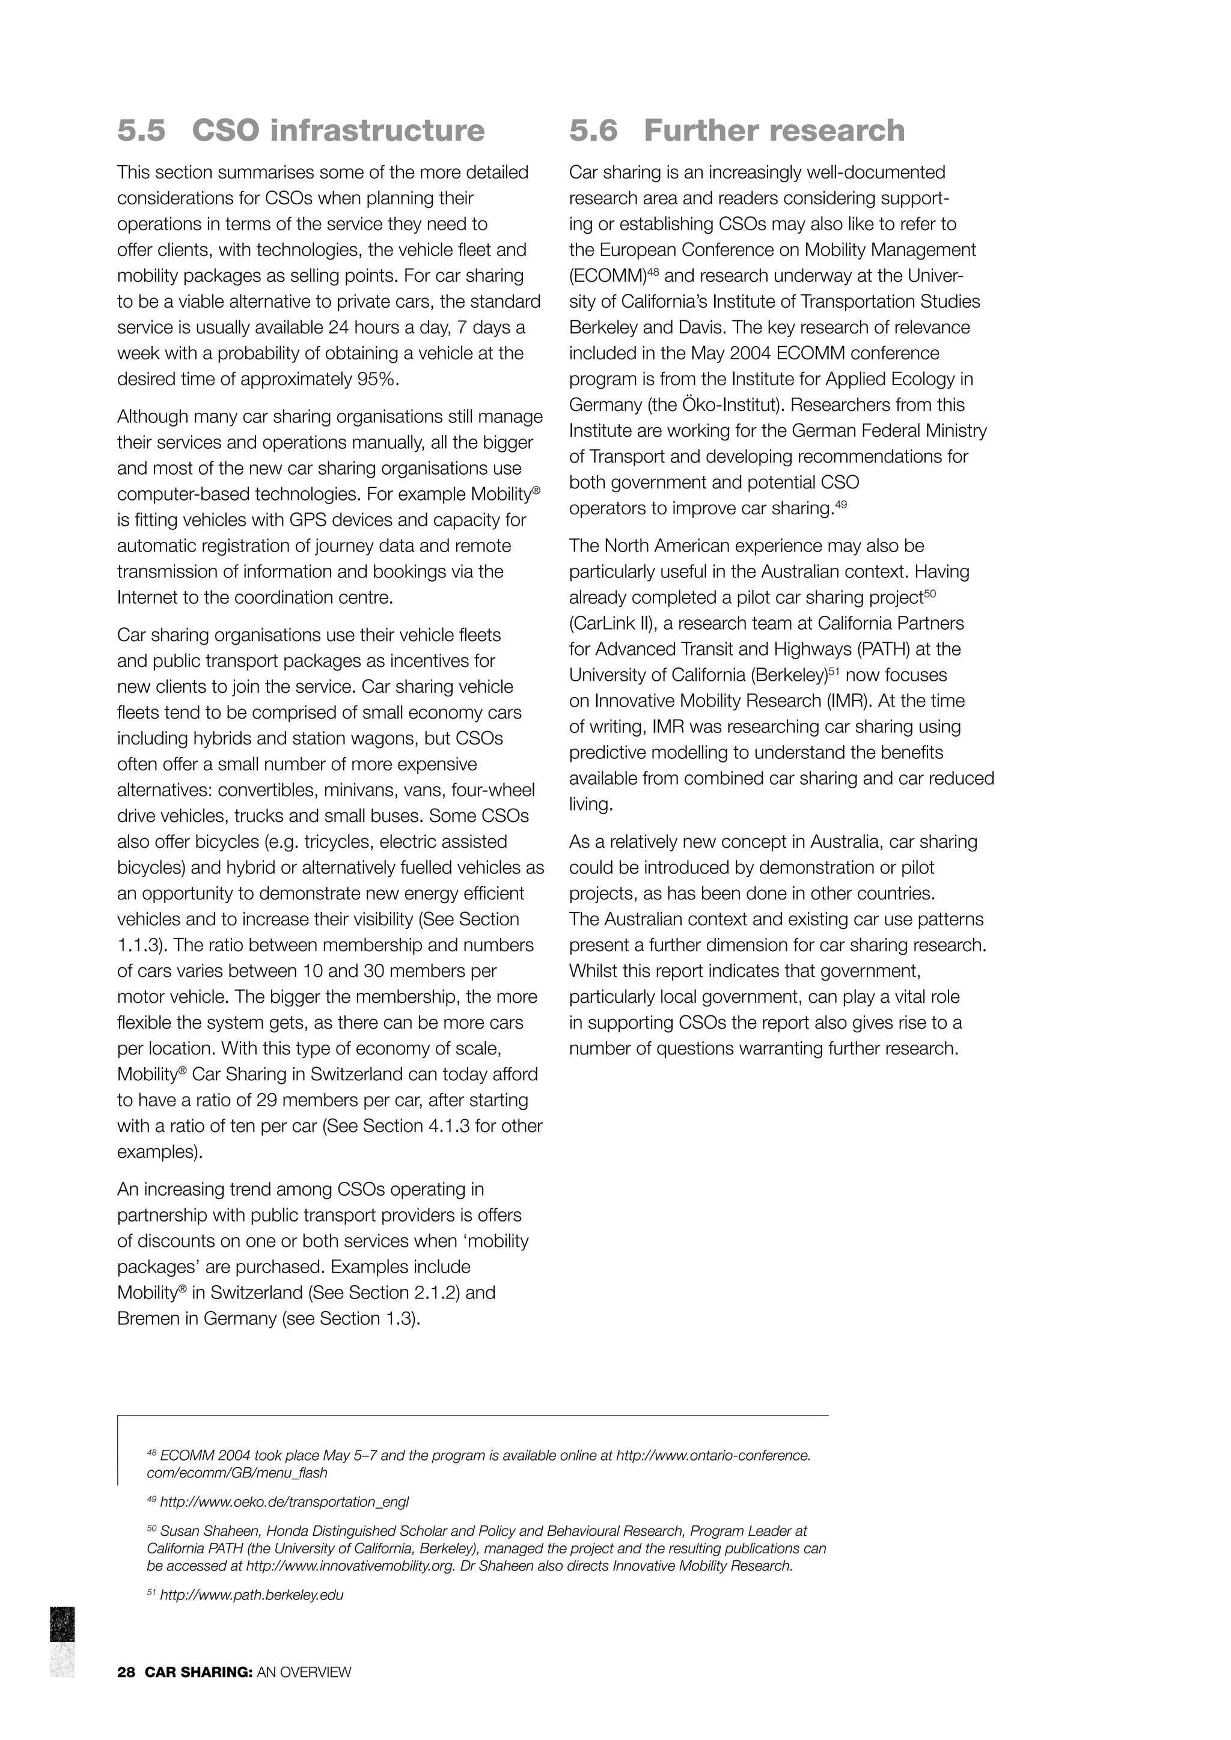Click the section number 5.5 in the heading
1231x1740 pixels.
pos(141,130)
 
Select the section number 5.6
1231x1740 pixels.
pos(593,130)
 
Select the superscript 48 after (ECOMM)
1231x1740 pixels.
pos(653,272)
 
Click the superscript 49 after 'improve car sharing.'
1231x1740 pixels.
pos(841,504)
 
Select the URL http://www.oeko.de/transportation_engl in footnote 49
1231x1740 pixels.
pos(284,1502)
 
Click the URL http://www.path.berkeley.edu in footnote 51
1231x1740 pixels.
pos(252,1595)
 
